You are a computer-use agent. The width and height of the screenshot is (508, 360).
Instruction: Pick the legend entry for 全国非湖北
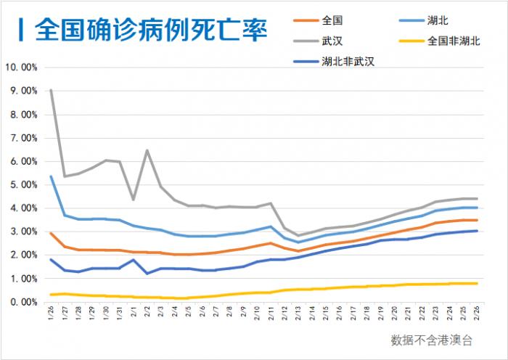pyautogui.click(x=454, y=41)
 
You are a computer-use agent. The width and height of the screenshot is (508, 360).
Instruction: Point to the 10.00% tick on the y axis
pyautogui.click(x=21, y=67)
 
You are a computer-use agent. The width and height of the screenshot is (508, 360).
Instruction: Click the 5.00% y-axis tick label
pyautogui.click(x=22, y=184)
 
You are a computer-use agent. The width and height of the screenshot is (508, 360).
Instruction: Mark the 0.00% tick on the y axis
pyautogui.click(x=22, y=301)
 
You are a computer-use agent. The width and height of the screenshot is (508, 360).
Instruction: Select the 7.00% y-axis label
pyautogui.click(x=22, y=138)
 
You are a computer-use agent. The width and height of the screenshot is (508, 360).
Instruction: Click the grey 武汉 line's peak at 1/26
pyautogui.click(x=51, y=90)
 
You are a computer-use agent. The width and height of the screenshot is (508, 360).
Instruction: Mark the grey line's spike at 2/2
pyautogui.click(x=147, y=150)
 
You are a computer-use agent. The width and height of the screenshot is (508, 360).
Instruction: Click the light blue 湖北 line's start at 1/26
pyautogui.click(x=51, y=176)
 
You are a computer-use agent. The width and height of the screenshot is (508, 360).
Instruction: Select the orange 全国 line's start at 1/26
pyautogui.click(x=51, y=233)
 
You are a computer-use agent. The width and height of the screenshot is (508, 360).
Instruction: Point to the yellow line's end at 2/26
pyautogui.click(x=476, y=283)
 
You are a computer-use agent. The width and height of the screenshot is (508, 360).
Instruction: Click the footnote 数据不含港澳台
pyautogui.click(x=431, y=340)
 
